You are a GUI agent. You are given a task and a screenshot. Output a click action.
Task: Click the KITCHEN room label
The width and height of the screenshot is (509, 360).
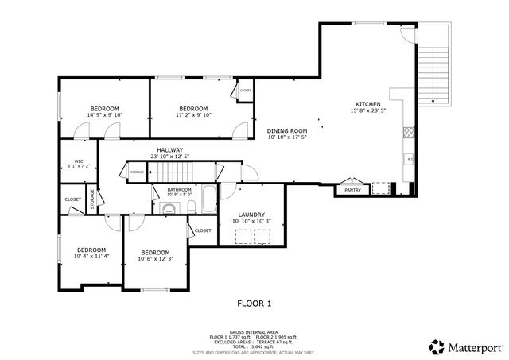367,104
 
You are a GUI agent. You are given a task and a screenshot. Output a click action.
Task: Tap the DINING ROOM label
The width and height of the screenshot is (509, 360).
287,130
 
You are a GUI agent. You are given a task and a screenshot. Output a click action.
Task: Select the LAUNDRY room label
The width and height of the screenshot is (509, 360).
251,214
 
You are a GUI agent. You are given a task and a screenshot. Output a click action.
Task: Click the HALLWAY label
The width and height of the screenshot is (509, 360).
169,149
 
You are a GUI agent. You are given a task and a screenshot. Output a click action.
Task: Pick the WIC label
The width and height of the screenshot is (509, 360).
79,161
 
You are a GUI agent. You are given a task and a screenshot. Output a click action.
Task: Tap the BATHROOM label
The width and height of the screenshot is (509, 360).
179,189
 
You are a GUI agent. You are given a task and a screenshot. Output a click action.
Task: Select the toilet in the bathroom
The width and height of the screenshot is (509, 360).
168,209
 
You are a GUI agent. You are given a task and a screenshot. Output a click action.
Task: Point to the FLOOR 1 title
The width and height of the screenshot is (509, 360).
254,303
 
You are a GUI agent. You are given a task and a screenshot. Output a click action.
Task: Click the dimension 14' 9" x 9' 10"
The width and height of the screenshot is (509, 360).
105,115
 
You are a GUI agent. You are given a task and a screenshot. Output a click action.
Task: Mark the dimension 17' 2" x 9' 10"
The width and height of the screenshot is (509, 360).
193,115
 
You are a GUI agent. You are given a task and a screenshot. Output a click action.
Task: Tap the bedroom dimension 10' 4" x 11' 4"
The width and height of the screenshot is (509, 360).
91,257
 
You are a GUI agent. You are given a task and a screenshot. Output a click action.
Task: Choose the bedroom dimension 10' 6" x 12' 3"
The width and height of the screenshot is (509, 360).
156,258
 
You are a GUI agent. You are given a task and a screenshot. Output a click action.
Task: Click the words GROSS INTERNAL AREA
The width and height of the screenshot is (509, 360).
254,332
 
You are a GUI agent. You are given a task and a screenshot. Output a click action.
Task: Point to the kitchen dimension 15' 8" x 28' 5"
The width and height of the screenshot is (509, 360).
367,111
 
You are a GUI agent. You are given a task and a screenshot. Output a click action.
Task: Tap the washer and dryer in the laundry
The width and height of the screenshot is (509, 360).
256,234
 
